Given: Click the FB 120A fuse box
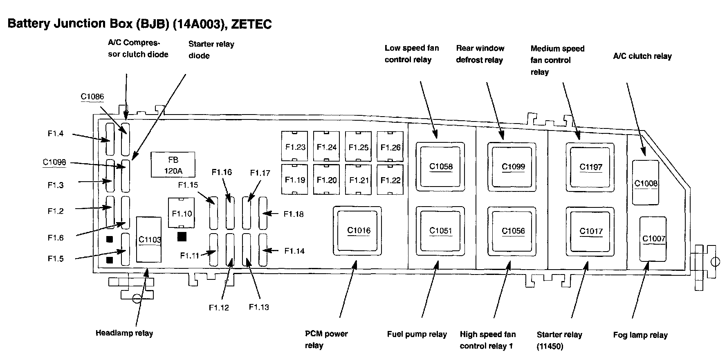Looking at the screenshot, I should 173,165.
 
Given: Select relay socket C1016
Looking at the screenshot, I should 358,231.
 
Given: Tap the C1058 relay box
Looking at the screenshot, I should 440,166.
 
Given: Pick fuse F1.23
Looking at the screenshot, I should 295,146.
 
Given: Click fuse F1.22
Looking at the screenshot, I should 390,180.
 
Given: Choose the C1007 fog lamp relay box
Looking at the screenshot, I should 653,239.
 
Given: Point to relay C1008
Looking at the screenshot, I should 646,182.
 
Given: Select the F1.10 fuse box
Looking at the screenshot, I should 182,213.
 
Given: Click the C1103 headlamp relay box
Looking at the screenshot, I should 149,239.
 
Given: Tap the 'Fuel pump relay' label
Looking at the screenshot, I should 417,334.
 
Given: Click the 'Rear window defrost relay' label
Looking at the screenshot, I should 480,54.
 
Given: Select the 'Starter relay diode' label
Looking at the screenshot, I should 211,49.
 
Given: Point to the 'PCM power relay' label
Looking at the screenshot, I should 326,339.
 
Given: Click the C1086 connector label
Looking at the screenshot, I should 92,97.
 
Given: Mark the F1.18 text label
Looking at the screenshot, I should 294,214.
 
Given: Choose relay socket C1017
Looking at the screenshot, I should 591,231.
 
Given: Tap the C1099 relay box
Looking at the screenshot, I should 513,166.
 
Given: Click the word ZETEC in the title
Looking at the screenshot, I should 251,24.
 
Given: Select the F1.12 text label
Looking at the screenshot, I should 219,308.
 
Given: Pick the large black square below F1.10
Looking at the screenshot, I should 182,236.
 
